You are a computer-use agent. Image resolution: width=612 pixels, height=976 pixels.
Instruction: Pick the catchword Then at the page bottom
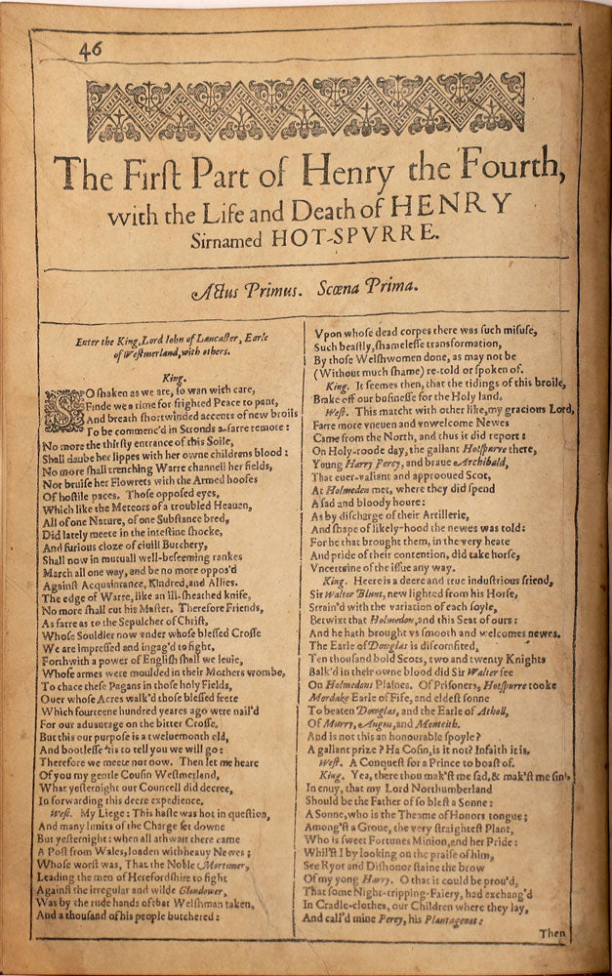tap(551, 933)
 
